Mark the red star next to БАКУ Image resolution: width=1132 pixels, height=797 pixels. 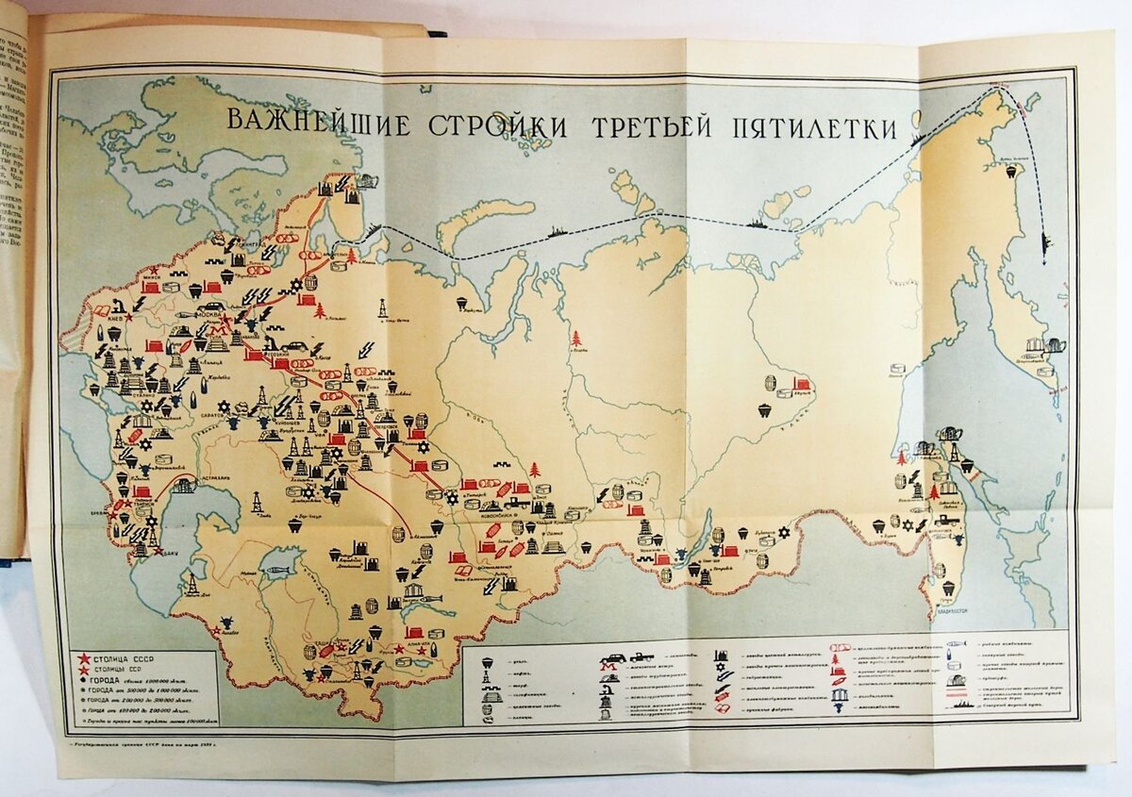(x=158, y=549)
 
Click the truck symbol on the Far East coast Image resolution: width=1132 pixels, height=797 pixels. (x=946, y=518)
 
